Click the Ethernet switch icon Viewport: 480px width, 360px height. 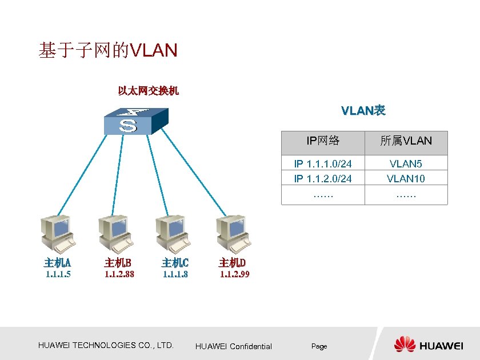(x=136, y=121)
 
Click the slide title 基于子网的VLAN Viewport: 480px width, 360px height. (x=108, y=51)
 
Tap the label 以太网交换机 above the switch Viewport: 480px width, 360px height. (x=149, y=90)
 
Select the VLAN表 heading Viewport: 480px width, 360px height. (x=363, y=110)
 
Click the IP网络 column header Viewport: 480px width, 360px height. (x=323, y=141)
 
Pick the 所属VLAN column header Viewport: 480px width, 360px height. (x=406, y=141)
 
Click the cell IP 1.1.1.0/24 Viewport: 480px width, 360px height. (x=323, y=164)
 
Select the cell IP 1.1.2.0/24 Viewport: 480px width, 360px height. (x=323, y=179)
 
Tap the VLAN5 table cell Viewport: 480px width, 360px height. (x=406, y=164)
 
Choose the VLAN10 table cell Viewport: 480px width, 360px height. (x=406, y=179)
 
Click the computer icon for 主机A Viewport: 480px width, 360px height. (x=58, y=234)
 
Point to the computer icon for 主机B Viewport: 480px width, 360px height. (x=115, y=234)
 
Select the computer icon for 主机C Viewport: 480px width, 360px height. (x=173, y=234)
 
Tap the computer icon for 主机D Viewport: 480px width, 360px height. (x=233, y=234)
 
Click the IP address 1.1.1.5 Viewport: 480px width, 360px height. (x=58, y=274)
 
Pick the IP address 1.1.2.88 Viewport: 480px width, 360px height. (x=119, y=274)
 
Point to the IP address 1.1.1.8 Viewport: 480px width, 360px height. (x=175, y=274)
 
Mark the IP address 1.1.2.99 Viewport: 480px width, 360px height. (x=235, y=274)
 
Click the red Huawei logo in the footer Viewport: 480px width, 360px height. (x=405, y=345)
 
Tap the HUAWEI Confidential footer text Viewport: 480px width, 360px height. (x=234, y=346)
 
